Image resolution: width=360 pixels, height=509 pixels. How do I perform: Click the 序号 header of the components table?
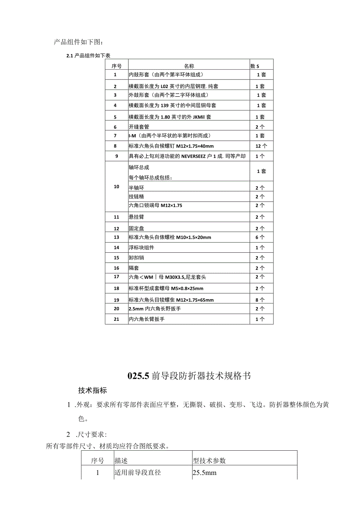click(x=116, y=66)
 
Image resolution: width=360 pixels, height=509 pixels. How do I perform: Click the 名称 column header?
click(x=189, y=66)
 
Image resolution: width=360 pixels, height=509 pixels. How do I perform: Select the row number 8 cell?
click(x=115, y=146)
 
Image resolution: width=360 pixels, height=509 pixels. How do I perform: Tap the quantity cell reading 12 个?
click(x=261, y=146)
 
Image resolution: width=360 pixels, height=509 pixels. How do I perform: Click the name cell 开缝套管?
click(x=139, y=127)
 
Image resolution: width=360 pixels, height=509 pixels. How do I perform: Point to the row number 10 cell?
click(x=116, y=187)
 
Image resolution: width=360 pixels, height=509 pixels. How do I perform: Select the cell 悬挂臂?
click(x=136, y=217)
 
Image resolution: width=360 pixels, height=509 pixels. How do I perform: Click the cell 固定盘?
click(x=136, y=228)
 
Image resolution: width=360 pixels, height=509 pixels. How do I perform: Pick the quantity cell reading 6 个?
click(x=260, y=237)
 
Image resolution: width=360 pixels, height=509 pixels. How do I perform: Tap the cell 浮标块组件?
click(x=141, y=247)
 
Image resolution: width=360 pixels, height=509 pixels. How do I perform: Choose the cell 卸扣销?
click(x=136, y=257)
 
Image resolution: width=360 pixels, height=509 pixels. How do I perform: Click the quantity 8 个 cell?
click(x=260, y=300)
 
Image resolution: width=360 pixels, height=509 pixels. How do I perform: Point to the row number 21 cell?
click(x=116, y=319)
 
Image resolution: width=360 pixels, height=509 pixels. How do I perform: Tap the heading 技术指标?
click(x=92, y=390)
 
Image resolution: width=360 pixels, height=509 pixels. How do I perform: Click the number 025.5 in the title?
click(x=139, y=376)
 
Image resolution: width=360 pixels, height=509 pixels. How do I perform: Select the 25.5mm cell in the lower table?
click(x=205, y=473)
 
